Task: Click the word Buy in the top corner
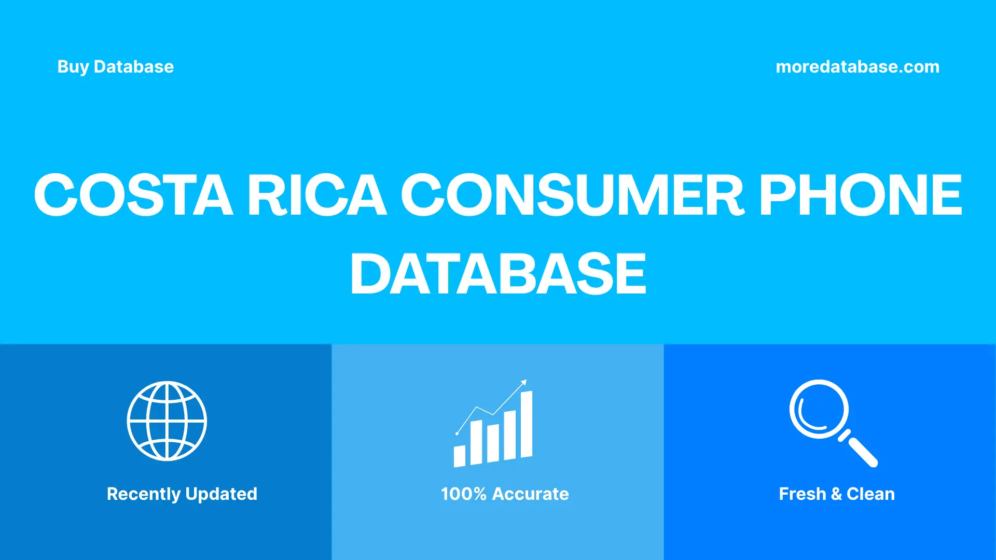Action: [73, 67]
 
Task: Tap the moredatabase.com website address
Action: [857, 67]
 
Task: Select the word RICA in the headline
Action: [316, 195]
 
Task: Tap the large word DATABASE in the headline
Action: [498, 274]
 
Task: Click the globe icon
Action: [167, 421]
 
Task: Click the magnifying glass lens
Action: [819, 409]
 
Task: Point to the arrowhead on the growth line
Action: [524, 383]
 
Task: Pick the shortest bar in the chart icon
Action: [459, 456]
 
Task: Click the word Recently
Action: [144, 494]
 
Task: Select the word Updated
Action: [221, 494]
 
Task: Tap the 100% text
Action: [463, 494]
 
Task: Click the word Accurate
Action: [530, 494]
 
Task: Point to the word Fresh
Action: [802, 494]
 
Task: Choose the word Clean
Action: [870, 494]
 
